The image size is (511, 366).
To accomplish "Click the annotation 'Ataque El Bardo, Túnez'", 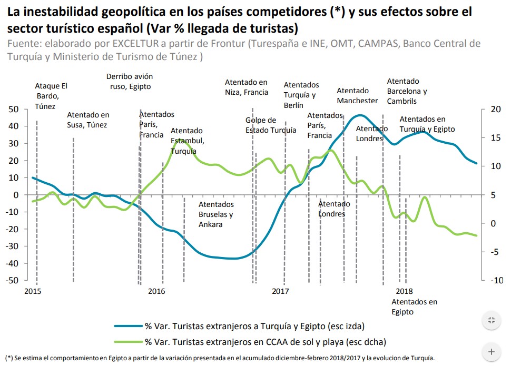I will point(51,95).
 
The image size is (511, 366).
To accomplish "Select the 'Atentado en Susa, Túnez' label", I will point(87,120).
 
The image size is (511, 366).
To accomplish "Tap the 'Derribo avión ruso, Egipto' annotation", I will point(129,81).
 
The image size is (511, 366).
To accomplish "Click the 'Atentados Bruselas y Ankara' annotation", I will point(216,214).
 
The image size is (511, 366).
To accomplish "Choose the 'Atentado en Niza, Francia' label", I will point(246,87).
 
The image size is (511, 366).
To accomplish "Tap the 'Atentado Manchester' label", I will point(357,95).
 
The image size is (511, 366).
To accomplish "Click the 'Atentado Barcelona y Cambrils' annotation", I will point(407,91).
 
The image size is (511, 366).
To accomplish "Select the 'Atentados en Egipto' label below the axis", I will point(414,306).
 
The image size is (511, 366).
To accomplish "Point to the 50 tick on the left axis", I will point(14,109).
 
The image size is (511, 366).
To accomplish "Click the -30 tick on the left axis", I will point(12,246).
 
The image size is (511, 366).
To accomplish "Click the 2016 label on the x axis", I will point(156,291).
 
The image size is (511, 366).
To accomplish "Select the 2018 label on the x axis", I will point(404,291).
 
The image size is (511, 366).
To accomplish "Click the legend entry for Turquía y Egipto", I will point(254,325).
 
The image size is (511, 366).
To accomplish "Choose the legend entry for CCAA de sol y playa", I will point(266,342).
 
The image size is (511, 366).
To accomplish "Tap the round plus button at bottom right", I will point(491,351).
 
